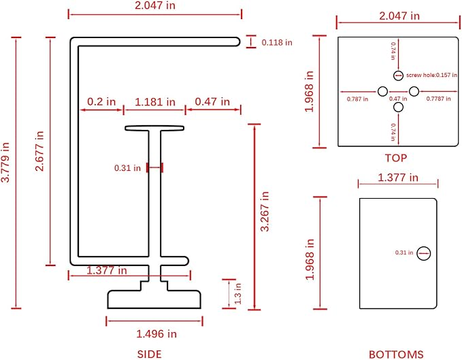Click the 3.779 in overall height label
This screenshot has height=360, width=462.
(5, 162)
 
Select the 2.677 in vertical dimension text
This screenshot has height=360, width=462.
(39, 151)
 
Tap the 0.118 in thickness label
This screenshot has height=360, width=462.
(277, 42)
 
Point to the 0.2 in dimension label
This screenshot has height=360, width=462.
(101, 101)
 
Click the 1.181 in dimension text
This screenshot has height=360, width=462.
(155, 102)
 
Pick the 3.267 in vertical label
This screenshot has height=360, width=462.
(265, 211)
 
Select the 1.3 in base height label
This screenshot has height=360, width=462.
(237, 294)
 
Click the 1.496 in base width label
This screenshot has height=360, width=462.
(156, 333)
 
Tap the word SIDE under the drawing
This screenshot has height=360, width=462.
(150, 354)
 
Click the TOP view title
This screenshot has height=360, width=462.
(396, 158)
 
